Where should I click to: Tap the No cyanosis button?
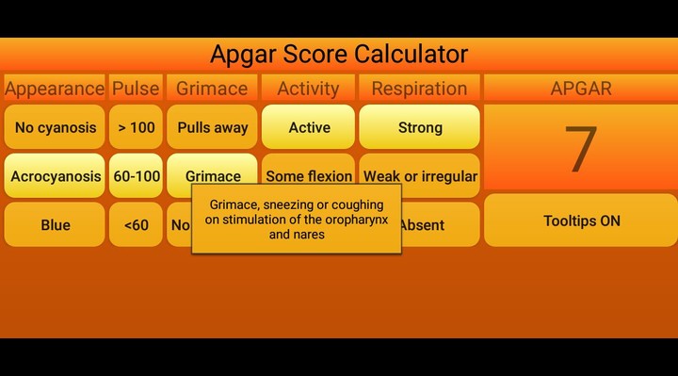pos(55,127)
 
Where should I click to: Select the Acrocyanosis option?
pos(55,176)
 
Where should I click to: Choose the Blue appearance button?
pos(55,225)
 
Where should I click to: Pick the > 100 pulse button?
pos(136,127)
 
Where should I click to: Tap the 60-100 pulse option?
pos(136,176)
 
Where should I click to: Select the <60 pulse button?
pos(136,225)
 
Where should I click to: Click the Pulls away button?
pos(212,127)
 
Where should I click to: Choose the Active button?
pos(309,127)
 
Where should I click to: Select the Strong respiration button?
pos(419,127)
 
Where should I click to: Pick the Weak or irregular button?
pos(420,176)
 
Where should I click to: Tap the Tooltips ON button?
pos(581,221)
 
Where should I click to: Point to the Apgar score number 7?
pos(581,149)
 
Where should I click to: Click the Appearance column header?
pos(55,89)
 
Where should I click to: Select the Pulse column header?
pos(136,89)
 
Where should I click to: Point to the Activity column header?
pos(309,89)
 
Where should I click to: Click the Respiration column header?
pos(419,89)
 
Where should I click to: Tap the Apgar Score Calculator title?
pos(339,54)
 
